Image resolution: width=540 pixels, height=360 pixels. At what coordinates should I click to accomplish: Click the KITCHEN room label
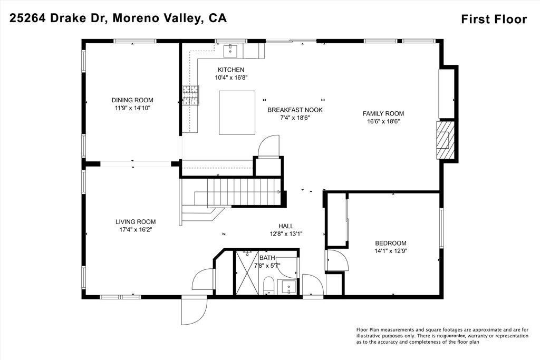tap(231, 70)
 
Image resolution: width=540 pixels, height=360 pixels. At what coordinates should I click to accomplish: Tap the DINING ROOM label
tap(132, 100)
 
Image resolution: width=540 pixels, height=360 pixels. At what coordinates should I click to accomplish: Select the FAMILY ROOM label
tap(383, 113)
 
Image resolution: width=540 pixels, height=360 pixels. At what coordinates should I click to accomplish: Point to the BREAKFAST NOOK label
tap(295, 110)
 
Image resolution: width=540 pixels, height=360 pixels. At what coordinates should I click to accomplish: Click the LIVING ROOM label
tap(136, 222)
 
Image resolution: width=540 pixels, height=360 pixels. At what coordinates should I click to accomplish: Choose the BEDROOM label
tap(391, 243)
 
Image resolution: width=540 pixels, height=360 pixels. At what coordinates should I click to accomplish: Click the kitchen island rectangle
tap(237, 113)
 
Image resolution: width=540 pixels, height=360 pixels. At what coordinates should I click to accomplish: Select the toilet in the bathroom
tap(268, 285)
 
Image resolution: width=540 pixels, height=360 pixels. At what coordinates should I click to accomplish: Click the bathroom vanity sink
tap(288, 288)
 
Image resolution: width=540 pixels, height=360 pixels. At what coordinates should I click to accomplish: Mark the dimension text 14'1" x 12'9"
tap(391, 251)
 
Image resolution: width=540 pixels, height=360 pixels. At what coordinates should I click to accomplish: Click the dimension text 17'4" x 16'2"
tap(136, 230)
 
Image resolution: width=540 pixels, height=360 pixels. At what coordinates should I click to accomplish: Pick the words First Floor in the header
tap(494, 20)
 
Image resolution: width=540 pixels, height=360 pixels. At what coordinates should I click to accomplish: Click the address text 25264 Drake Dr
tap(60, 18)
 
